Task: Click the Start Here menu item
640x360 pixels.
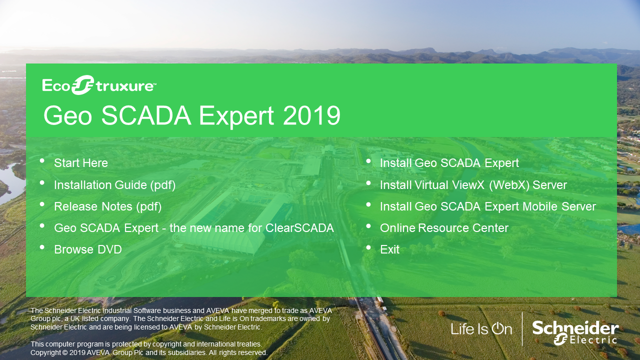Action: pos(81,163)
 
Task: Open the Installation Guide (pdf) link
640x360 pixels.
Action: pos(114,185)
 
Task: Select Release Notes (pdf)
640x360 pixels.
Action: pos(107,206)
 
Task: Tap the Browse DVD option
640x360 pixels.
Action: pos(87,249)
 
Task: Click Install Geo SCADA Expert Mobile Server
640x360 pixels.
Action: pos(487,206)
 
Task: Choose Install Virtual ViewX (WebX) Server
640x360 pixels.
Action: pos(473,185)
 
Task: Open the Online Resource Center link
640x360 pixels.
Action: pos(444,228)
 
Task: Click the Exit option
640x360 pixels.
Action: pos(389,249)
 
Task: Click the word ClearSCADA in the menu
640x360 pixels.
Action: pos(299,228)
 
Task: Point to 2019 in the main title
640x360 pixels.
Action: pos(311,115)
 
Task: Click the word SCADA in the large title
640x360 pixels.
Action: pos(146,115)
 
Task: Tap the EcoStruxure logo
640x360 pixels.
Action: pos(99,85)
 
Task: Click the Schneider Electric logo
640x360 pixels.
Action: pos(575,332)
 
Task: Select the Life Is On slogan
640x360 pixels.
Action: pos(481,329)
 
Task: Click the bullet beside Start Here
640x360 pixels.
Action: pos(42,161)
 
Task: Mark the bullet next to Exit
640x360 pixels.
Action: pos(368,247)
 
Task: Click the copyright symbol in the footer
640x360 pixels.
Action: pos(65,352)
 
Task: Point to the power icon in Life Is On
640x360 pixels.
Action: pos(497,328)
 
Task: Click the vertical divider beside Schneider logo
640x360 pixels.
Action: pos(522,329)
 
